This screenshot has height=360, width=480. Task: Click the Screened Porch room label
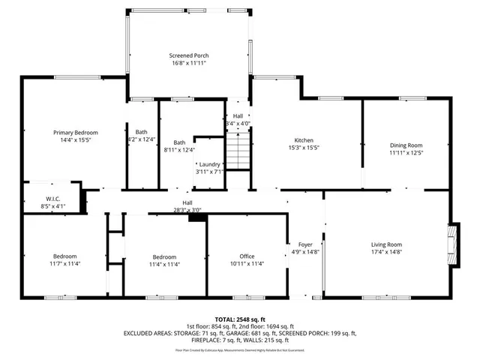coord(188,55)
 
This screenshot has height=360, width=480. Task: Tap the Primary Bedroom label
coord(75,132)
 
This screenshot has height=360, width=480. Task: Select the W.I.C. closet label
coord(52,199)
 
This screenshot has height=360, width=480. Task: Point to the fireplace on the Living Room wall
coord(452,240)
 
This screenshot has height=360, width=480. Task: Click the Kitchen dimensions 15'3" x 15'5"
coord(303,148)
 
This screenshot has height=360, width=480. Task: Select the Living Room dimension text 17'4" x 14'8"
coord(387,253)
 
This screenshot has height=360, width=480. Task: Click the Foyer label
coord(305,244)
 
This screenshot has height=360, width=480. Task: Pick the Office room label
coord(247,256)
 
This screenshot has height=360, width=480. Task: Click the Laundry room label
coord(209,164)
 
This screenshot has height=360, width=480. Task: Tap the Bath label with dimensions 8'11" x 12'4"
coord(179,142)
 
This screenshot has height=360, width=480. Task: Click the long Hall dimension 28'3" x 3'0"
coord(187,210)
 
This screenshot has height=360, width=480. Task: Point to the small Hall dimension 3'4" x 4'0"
coord(238,124)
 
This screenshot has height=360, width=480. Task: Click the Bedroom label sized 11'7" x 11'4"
coord(64,256)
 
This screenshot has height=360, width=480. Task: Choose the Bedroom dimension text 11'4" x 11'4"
coord(164,264)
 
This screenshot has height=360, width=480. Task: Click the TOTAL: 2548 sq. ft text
coord(240,319)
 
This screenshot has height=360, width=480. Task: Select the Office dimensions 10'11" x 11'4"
coord(247,264)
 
